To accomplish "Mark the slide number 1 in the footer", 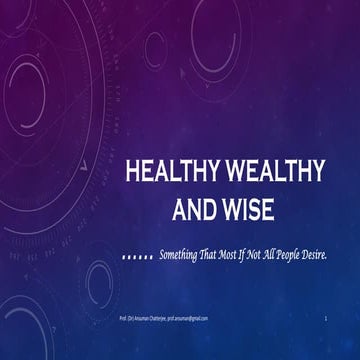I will tap(326, 318).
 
